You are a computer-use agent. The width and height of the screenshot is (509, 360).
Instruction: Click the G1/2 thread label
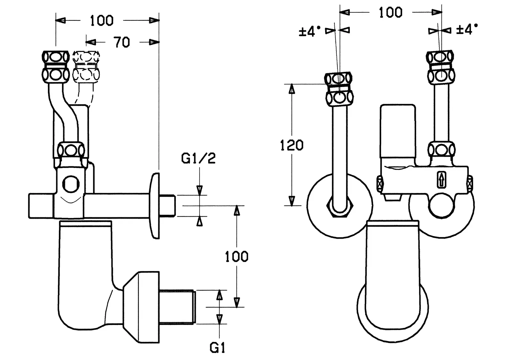click(x=199, y=158)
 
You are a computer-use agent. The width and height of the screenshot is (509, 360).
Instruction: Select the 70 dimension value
click(x=122, y=42)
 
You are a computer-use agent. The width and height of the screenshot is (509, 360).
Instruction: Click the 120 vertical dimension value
click(x=291, y=145)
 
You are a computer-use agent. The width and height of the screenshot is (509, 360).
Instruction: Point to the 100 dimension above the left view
click(x=102, y=21)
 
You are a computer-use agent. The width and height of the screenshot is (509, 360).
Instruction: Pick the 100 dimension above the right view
click(x=390, y=12)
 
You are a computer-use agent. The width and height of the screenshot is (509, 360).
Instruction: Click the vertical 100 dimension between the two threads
click(x=237, y=257)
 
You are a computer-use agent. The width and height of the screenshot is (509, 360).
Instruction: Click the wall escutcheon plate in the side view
click(x=155, y=205)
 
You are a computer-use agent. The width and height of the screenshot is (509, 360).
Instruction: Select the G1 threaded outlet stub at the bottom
click(x=177, y=307)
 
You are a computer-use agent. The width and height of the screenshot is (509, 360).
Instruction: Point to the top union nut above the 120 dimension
click(x=339, y=88)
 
